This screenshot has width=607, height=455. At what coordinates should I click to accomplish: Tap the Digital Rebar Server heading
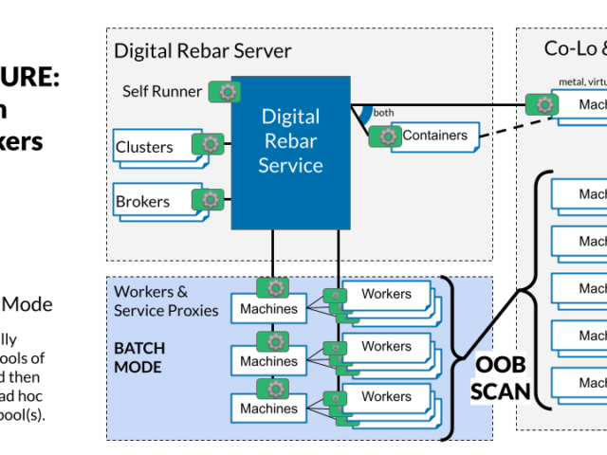pos(203,50)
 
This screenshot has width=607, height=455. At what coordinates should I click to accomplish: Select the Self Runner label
pos(161,92)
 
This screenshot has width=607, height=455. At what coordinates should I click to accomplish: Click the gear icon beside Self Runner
pos(227,92)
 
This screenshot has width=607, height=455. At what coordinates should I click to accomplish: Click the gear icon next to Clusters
pos(210,144)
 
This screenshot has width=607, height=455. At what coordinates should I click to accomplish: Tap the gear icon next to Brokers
pos(210,199)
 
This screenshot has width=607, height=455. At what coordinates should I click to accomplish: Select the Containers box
pos(434,136)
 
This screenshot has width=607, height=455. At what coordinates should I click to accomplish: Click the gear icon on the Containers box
pos(386,136)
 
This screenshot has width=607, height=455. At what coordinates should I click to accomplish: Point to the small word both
pos(384,112)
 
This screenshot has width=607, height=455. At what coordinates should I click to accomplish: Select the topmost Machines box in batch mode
pos(268,309)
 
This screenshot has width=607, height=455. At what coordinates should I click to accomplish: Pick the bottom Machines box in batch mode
pos(268,408)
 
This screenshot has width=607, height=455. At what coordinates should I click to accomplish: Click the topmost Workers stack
pos(386,295)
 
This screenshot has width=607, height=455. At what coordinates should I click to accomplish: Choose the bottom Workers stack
pos(386,398)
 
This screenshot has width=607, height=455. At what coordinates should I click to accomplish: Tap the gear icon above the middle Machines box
pos(275,340)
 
